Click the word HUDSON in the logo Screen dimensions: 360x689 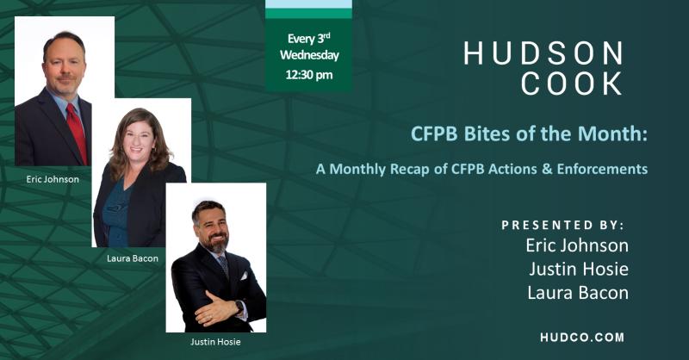[x=543, y=53]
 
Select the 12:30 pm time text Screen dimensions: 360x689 [x=308, y=75]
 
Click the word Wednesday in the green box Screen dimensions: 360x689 [x=308, y=56]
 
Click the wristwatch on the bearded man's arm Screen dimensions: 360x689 [x=239, y=307]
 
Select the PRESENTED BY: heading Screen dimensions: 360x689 [x=562, y=225]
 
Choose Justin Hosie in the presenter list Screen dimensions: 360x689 [x=577, y=269]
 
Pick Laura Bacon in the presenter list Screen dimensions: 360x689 [x=577, y=293]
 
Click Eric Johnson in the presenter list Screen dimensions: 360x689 [x=577, y=245]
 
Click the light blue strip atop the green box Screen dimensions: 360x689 [x=308, y=4]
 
